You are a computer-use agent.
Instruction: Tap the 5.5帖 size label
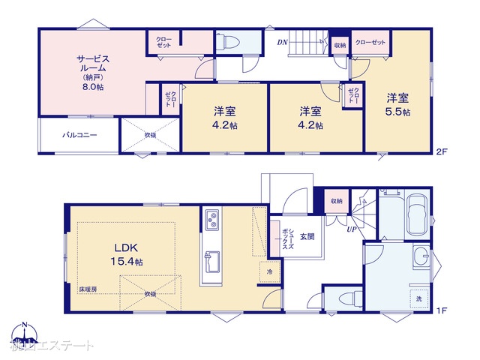click(398, 112)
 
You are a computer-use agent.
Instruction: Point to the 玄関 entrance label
click(307, 237)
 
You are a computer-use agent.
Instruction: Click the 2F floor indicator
click(442, 151)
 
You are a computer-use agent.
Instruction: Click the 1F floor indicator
click(442, 309)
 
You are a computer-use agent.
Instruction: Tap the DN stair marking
click(283, 42)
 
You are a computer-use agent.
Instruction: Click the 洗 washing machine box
click(419, 299)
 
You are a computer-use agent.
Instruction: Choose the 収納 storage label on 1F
click(335, 201)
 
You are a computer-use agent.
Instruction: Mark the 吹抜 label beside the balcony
click(151, 135)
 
